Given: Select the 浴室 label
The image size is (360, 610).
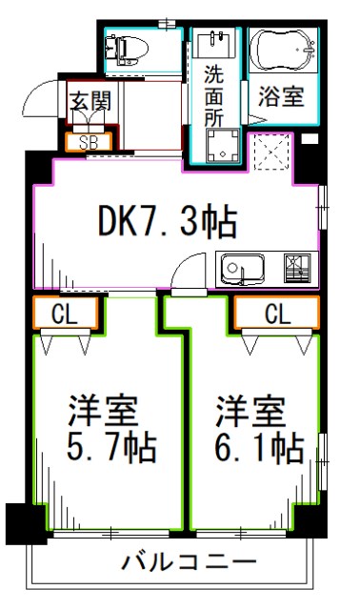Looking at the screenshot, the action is pos(282,97).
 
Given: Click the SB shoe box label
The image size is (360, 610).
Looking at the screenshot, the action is pos(89,143).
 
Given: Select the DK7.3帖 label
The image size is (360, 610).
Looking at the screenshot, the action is pos(168,222).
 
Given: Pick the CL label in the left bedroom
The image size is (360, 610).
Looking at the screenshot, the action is pos(66,314).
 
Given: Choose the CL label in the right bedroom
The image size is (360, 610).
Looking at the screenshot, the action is pos(276,314).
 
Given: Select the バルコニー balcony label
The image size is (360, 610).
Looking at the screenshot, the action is pos(189,562).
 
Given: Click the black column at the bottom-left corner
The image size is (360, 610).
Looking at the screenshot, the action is pos(19,521).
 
